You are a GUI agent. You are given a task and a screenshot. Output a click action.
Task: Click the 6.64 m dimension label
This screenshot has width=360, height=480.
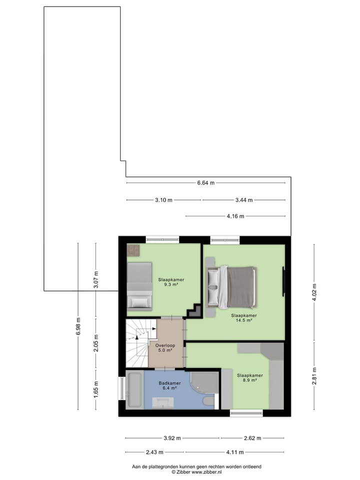[x=205, y=183]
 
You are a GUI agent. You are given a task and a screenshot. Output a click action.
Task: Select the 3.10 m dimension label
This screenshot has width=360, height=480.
[x=163, y=200]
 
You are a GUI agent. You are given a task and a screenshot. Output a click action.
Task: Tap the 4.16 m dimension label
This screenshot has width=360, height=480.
[x=235, y=216]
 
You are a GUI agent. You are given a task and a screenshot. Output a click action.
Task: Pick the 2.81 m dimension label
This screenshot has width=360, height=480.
[x=314, y=376]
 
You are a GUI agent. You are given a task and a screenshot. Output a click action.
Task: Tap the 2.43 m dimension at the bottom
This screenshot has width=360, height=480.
[x=154, y=452]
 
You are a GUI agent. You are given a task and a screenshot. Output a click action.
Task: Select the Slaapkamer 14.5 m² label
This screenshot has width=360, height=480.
[x=243, y=318]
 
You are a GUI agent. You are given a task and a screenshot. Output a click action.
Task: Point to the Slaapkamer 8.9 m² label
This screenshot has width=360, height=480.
[x=249, y=377]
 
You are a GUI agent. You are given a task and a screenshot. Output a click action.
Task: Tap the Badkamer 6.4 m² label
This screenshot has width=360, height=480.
[x=166, y=385]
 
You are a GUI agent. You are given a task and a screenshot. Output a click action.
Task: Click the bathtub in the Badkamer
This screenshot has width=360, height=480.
[x=134, y=388]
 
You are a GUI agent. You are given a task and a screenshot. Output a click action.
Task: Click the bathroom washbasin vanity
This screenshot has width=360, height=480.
[x=162, y=402]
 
